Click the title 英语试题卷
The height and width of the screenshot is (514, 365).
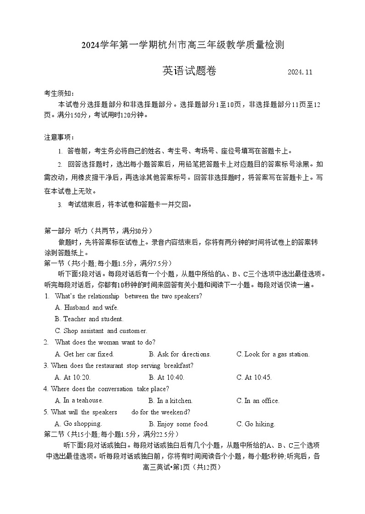(189, 71)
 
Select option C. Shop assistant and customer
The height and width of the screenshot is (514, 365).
(101, 331)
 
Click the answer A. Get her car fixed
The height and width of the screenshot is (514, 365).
(84, 354)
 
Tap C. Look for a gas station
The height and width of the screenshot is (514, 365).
(273, 354)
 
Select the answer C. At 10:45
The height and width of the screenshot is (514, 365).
(254, 378)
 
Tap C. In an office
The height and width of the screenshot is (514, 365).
(257, 401)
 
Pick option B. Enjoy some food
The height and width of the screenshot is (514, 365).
(179, 424)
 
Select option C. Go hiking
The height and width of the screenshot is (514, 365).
(256, 424)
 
